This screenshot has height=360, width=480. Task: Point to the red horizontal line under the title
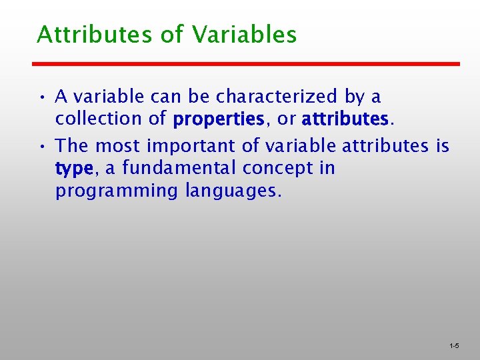coord(247,64)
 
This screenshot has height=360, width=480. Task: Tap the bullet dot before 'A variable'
coord(41,98)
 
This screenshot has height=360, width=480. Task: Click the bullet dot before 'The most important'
coord(41,146)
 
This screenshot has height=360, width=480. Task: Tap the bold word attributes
coord(344,119)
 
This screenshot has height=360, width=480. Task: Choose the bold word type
coord(75,169)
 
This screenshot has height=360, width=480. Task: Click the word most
coord(118,145)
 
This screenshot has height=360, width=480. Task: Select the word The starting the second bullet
coord(73,145)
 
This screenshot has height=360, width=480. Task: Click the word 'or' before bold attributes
coord(287,120)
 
